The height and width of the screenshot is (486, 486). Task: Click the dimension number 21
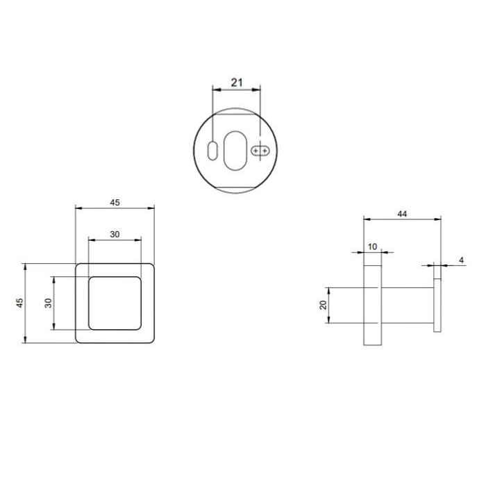237,83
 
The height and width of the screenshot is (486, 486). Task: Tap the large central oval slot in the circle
235,151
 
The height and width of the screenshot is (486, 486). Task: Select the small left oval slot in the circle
212,151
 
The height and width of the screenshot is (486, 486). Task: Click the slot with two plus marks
260,151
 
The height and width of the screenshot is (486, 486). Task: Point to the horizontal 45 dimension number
115,203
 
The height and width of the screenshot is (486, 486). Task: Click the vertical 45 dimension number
19,303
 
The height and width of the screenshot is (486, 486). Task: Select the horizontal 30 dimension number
115,235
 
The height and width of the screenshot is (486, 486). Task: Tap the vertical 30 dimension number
48,303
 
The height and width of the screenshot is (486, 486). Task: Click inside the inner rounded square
115,303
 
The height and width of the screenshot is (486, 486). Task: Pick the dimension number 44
402,214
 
